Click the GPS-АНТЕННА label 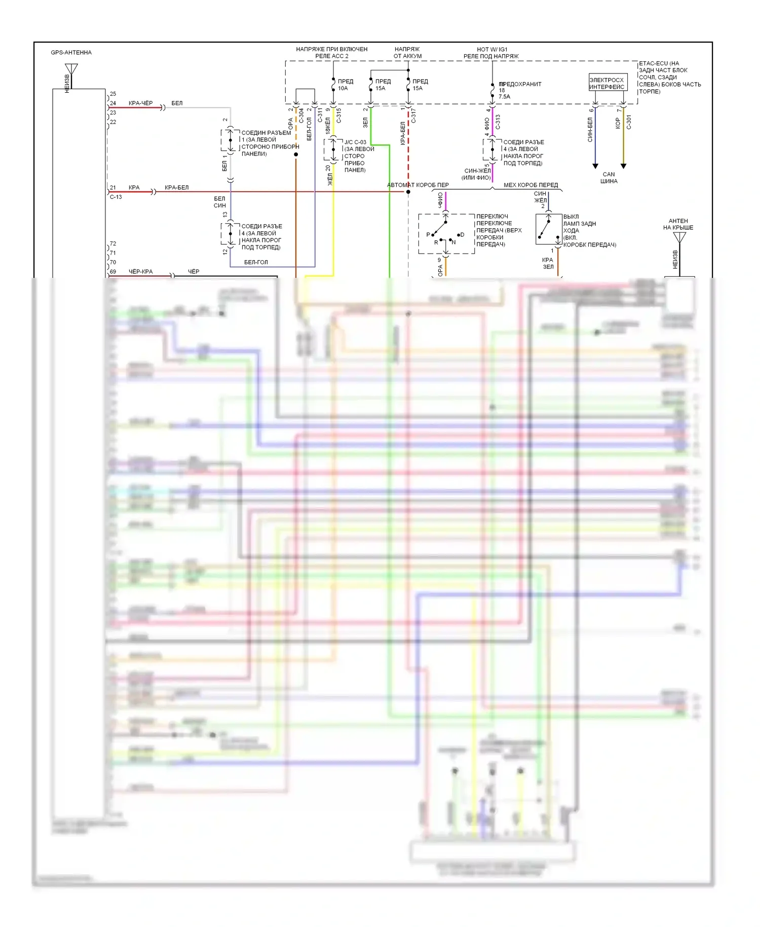tap(71, 53)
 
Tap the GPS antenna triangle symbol tap(71, 68)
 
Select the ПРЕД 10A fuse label tap(345, 85)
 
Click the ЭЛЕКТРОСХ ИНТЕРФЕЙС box tap(607, 83)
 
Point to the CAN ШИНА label tap(609, 177)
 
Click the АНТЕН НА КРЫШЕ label tap(678, 224)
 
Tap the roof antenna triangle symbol tap(679, 237)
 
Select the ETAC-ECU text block tap(669, 78)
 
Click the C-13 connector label tap(116, 197)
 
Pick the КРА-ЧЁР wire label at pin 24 tap(140, 103)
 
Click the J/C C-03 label tap(355, 142)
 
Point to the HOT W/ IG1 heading tap(491, 50)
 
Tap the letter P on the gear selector tap(428, 235)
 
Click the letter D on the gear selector tap(462, 235)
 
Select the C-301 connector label tap(629, 122)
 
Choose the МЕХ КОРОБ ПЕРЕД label tap(530, 185)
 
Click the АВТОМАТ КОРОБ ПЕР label tap(417, 185)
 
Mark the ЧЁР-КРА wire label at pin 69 tap(140, 272)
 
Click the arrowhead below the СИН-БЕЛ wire tap(595, 166)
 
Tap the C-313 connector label tap(498, 122)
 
